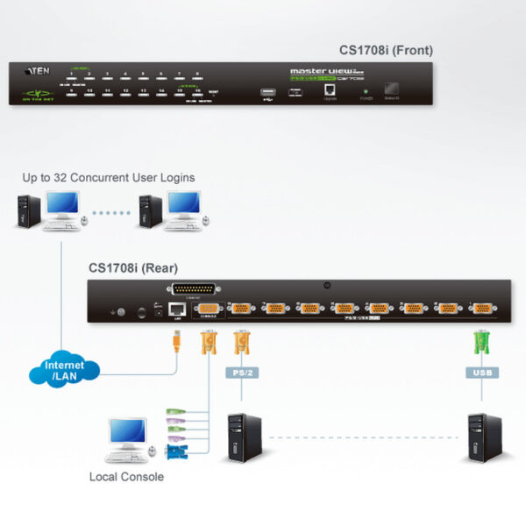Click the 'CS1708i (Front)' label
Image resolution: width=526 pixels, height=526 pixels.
click(386, 51)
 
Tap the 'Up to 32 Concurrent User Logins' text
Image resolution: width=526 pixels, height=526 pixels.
click(109, 178)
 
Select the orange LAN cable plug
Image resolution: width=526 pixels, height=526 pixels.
click(176, 338)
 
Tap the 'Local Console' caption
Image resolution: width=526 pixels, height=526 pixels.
click(126, 477)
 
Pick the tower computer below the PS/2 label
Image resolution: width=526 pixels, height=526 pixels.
click(242, 437)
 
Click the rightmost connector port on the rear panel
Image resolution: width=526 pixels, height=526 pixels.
click(480, 308)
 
